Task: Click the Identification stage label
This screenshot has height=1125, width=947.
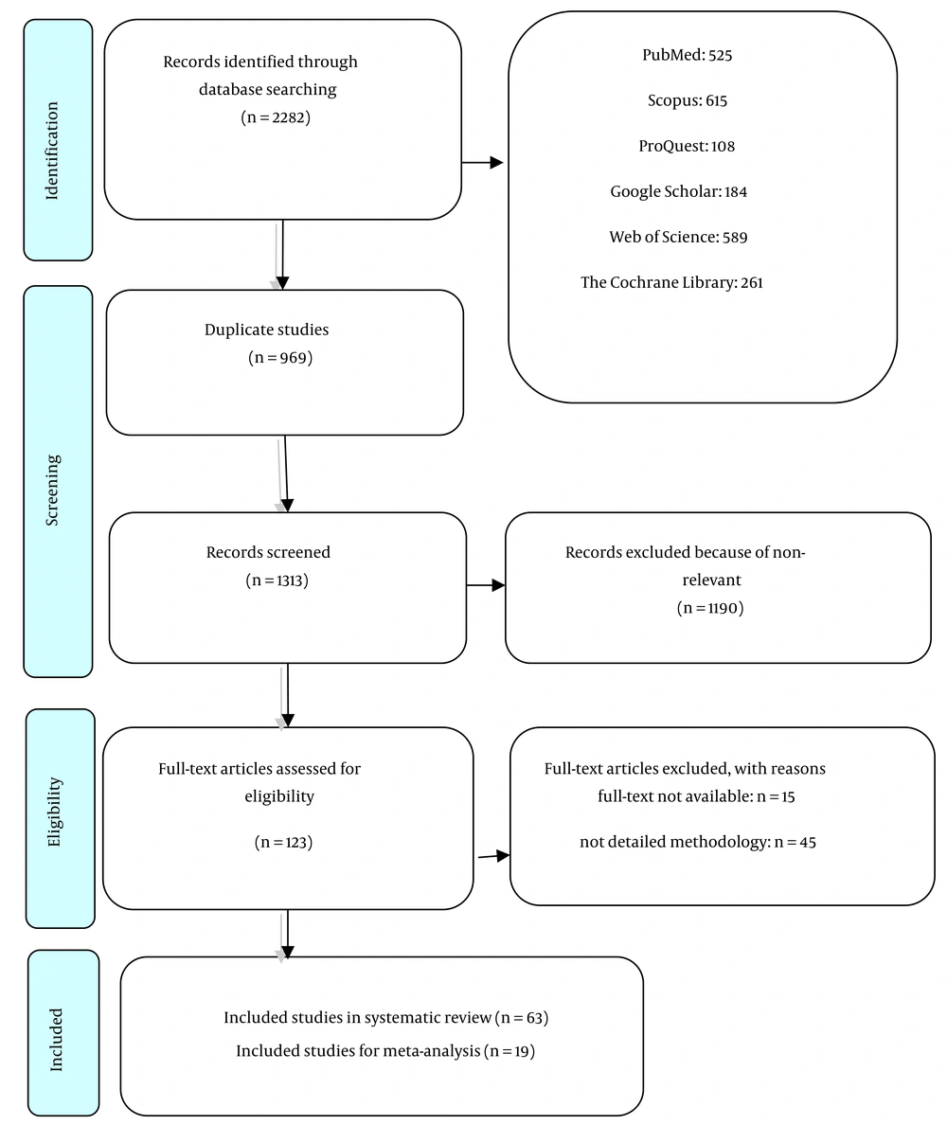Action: pyautogui.click(x=52, y=151)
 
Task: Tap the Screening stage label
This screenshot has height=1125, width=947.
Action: pyautogui.click(x=52, y=490)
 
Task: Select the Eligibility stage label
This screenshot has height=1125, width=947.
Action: pyautogui.click(x=55, y=812)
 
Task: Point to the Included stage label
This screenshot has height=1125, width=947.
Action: pyautogui.click(x=56, y=1040)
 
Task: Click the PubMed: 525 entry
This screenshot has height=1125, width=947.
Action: pyautogui.click(x=688, y=55)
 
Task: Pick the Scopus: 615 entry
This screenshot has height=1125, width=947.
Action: pyautogui.click(x=688, y=100)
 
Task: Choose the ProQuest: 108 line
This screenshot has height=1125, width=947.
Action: pyautogui.click(x=687, y=147)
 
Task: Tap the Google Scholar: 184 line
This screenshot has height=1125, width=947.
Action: pyautogui.click(x=679, y=191)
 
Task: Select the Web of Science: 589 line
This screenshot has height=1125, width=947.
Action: pyautogui.click(x=679, y=237)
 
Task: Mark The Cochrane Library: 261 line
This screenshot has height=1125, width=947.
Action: pyautogui.click(x=671, y=283)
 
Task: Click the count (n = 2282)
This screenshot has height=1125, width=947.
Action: pyautogui.click(x=276, y=117)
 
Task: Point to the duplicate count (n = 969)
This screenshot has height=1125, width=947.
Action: pyautogui.click(x=280, y=357)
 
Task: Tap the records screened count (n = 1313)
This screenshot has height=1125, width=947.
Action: pyautogui.click(x=277, y=580)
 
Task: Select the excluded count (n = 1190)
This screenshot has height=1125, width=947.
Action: pyautogui.click(x=710, y=608)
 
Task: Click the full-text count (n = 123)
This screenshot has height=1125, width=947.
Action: pyautogui.click(x=283, y=842)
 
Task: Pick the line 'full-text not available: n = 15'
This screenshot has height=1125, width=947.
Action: pyautogui.click(x=696, y=796)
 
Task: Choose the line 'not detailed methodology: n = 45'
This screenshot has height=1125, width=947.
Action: pyautogui.click(x=698, y=842)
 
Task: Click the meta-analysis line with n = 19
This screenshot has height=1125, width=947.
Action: pyautogui.click(x=385, y=1051)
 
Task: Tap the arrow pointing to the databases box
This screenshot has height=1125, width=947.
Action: pyautogui.click(x=482, y=163)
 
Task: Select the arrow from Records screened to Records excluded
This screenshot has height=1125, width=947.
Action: pyautogui.click(x=486, y=585)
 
